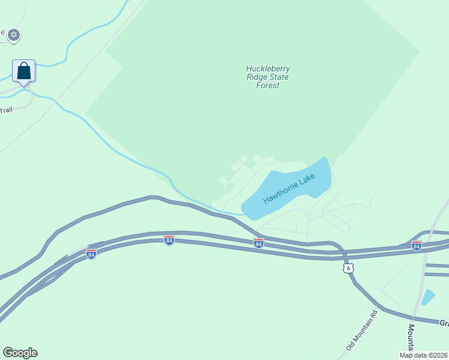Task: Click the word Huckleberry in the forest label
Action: coord(267,68)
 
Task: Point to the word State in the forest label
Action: coord(279,77)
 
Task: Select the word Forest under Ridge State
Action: coord(268,85)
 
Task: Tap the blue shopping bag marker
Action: coord(23,71)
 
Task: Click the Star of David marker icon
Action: coord(14,35)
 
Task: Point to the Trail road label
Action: coord(6,110)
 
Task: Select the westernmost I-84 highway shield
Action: coord(91,254)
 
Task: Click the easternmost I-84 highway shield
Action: coord(417,245)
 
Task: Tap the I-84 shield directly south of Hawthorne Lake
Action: coord(259,243)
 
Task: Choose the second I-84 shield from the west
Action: coord(169,240)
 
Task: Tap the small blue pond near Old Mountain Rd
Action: coord(428,296)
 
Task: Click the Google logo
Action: coord(20,353)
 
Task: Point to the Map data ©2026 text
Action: coord(424,355)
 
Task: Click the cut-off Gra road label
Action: coord(444,323)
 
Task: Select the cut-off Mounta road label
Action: coord(412,338)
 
